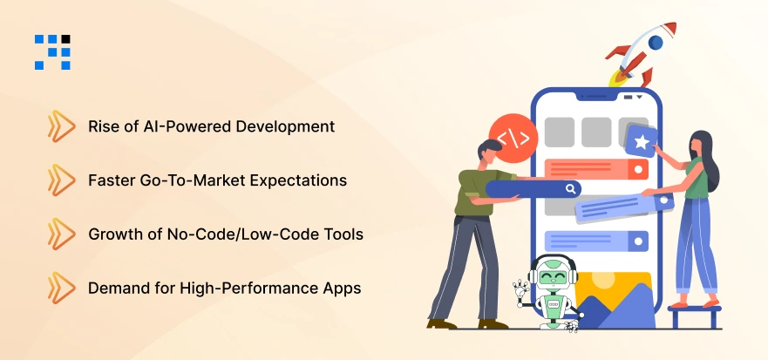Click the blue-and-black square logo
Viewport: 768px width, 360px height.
(52, 51)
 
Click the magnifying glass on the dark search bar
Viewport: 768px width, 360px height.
(570, 188)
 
